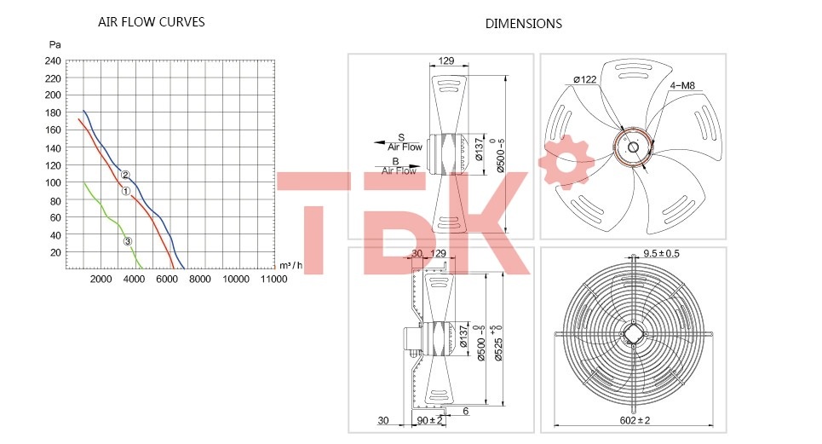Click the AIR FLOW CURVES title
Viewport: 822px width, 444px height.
151,22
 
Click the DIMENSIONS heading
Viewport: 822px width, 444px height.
523,24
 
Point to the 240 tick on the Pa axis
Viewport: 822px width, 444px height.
53,61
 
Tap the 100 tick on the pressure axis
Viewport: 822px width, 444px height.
53,182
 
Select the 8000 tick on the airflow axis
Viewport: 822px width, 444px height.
199,279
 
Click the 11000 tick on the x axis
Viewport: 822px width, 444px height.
273,279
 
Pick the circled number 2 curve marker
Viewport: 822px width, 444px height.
125,175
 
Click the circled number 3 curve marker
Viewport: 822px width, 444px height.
128,242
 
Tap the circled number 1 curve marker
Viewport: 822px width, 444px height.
126,192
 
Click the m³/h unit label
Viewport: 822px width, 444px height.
291,265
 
